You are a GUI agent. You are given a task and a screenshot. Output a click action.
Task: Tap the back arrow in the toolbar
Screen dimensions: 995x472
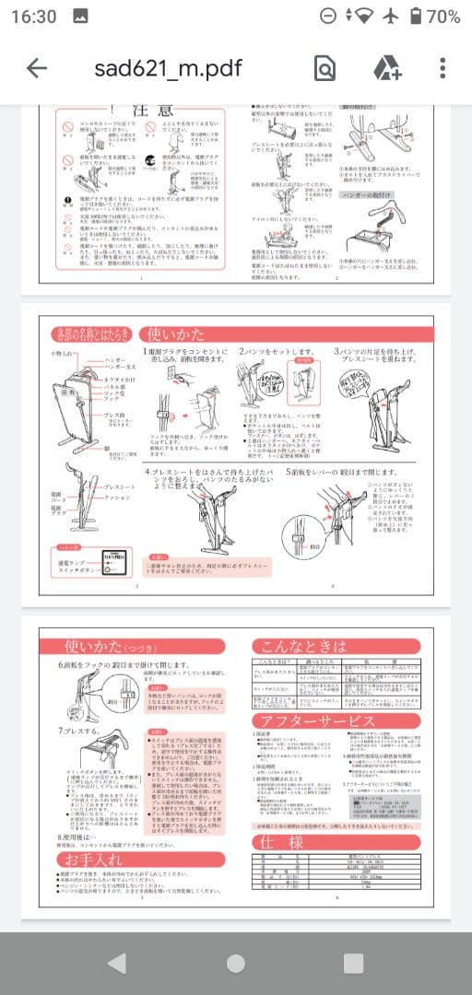point(37,68)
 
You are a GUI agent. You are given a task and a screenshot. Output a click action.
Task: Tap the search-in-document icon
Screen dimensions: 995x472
point(324,68)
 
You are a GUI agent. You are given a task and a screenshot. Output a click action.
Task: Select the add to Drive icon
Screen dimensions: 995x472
point(385,68)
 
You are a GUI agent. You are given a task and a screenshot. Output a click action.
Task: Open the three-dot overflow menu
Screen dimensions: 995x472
point(443,68)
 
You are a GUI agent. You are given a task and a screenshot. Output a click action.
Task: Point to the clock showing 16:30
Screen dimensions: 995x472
point(34,17)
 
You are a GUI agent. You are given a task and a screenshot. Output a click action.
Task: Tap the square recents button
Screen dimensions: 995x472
point(353,963)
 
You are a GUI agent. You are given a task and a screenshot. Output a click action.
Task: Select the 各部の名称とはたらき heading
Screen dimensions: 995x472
point(92,334)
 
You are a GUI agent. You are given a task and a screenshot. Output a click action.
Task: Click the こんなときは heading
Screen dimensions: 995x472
point(304,646)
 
